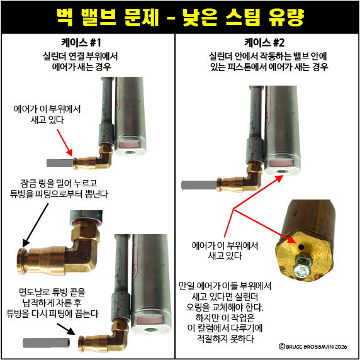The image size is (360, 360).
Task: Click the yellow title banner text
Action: click(x=180, y=17)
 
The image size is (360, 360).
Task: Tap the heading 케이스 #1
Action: click(x=81, y=43)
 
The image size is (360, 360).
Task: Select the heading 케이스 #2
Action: click(x=264, y=43)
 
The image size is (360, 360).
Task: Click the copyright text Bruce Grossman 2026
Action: click(x=313, y=346)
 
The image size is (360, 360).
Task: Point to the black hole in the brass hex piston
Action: click(x=301, y=247)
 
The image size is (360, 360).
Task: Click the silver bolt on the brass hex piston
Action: click(x=301, y=267)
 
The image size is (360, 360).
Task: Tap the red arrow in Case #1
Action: click(x=65, y=143)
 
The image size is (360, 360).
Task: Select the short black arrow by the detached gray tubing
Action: click(x=66, y=330)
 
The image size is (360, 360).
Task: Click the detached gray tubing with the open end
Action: click(x=47, y=342)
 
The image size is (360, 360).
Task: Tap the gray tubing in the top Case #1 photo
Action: click(x=60, y=163)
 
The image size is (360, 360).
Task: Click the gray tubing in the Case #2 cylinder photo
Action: click(x=199, y=185)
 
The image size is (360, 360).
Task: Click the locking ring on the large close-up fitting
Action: click(x=22, y=261)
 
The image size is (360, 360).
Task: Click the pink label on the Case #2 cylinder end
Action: click(x=281, y=163)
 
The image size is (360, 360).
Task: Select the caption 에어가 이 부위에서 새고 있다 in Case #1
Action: click(x=47, y=115)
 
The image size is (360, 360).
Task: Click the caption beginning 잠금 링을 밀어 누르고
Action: click(x=59, y=188)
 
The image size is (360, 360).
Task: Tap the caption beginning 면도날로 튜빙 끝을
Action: click(x=52, y=303)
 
